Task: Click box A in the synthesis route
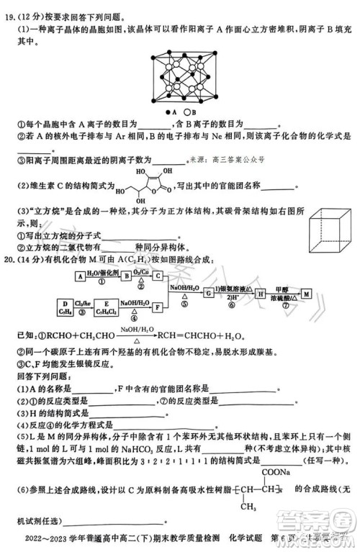80,275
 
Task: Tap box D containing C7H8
66,307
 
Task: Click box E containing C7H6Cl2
108,307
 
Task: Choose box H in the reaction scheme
257,294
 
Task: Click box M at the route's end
305,294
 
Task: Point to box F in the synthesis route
158,307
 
